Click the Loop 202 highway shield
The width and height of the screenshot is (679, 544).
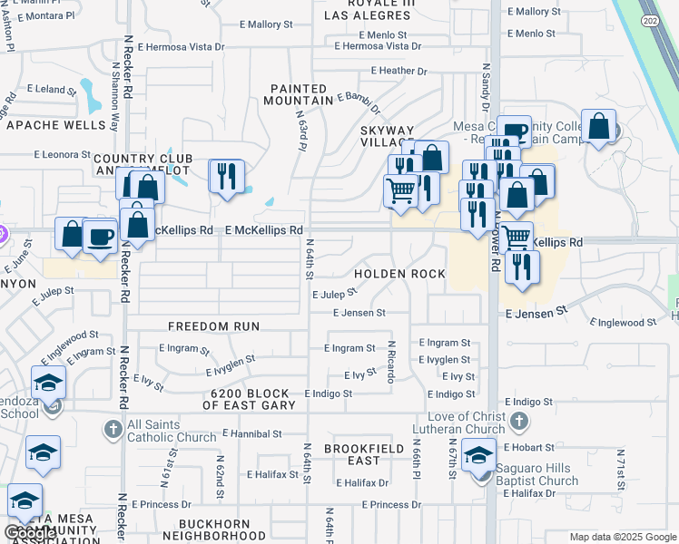click(x=650, y=19)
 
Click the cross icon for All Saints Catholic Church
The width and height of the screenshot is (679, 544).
click(x=113, y=427)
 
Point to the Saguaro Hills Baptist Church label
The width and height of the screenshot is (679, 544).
click(x=536, y=474)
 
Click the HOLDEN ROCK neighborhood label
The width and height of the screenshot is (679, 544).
click(x=399, y=274)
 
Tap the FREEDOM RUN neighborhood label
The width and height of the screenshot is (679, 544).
click(x=214, y=325)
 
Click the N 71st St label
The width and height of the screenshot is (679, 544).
click(x=621, y=466)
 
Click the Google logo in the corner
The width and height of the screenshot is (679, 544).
click(x=30, y=533)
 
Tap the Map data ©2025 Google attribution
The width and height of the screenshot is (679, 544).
click(x=623, y=537)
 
